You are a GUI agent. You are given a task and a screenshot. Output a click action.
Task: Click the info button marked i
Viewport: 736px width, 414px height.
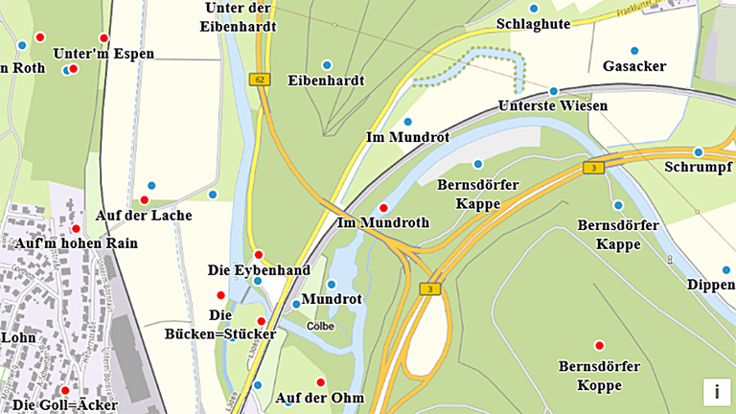[x=716, y=391]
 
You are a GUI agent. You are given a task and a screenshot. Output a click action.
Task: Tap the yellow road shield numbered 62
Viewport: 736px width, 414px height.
[x=259, y=80]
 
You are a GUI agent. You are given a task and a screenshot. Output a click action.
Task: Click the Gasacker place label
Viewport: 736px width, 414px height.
[x=634, y=66]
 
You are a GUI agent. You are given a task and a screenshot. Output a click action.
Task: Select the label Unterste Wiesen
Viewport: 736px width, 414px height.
[x=554, y=105]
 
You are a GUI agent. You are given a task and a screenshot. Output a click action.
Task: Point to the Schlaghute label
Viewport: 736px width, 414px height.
[x=534, y=23]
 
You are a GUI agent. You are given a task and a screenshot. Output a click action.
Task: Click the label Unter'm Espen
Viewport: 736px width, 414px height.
[x=103, y=54]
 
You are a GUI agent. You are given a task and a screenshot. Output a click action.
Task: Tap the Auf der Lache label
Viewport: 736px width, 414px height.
[x=144, y=216]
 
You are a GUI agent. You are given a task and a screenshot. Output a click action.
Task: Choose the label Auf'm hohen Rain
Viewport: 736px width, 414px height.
[x=76, y=243]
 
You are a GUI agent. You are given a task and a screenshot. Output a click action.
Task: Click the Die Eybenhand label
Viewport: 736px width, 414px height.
[x=259, y=270]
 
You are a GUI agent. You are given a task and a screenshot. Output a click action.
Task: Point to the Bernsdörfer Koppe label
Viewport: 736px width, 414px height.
[x=590, y=376]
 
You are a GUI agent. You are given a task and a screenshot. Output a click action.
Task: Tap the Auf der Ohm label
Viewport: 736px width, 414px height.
[x=320, y=398]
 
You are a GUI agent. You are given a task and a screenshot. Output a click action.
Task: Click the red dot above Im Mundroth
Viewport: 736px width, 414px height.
[x=383, y=208]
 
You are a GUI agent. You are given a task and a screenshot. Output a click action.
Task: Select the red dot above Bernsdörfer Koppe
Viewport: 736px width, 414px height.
[x=600, y=345]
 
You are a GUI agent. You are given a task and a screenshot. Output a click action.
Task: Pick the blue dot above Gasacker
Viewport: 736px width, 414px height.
[x=633, y=50]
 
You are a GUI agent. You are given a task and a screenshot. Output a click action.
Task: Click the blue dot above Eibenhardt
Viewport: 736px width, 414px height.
[x=326, y=65]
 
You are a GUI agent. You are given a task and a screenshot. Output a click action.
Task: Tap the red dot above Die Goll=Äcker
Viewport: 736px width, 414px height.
[x=65, y=390]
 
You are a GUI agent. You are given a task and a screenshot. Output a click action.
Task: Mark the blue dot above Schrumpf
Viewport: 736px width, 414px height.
[x=698, y=152]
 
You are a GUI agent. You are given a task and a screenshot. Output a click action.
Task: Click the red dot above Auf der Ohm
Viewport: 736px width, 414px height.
[x=320, y=382]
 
